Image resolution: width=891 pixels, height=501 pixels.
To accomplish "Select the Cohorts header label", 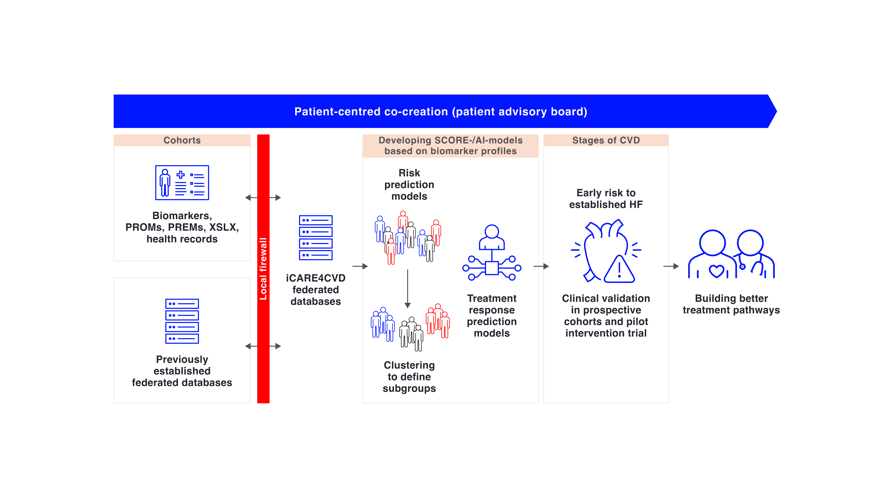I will (x=182, y=140).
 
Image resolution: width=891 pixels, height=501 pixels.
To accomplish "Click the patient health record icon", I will (x=182, y=183).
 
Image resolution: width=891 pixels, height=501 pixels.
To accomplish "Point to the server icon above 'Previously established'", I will (x=182, y=321).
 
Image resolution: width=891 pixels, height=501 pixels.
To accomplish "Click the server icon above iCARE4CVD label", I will (x=315, y=238).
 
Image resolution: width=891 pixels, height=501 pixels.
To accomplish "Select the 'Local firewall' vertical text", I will (x=263, y=269).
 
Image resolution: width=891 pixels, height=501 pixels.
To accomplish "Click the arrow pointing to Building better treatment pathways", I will (x=671, y=266).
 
